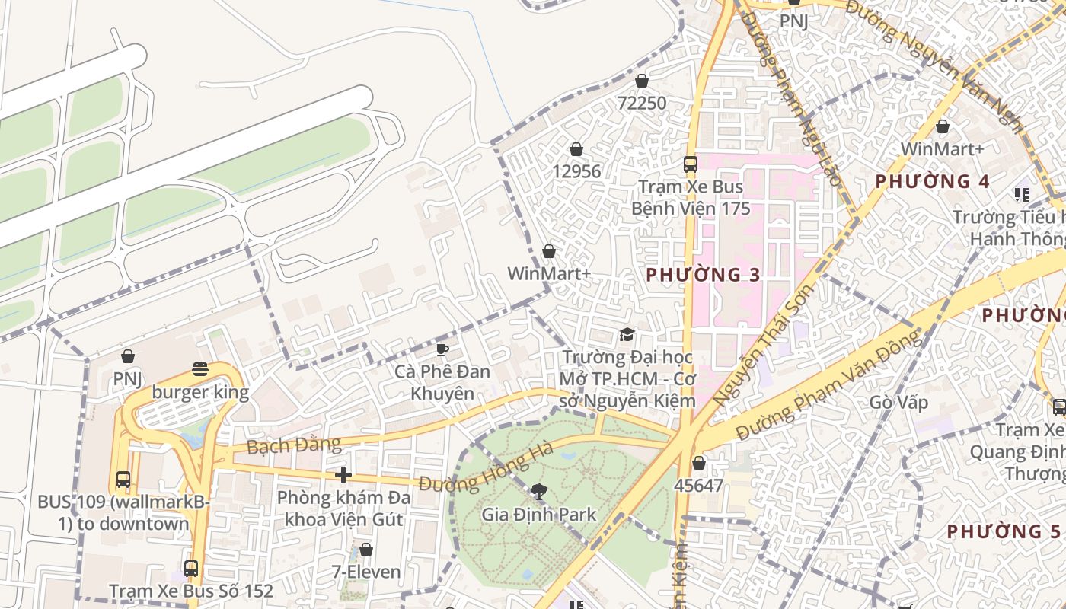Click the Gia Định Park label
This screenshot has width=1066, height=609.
click(539, 515)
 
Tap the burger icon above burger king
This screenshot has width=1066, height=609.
click(200, 370)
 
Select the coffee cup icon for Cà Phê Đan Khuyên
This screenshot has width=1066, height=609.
click(442, 349)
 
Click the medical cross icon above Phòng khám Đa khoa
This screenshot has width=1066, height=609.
click(343, 475)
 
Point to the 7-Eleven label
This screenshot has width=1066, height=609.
click(366, 571)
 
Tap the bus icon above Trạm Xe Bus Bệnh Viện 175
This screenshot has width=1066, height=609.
click(691, 164)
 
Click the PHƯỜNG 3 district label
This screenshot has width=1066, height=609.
click(703, 275)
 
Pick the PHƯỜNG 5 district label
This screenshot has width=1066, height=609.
click(993, 531)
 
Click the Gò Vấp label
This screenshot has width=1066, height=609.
click(899, 402)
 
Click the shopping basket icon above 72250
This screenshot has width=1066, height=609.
click(642, 81)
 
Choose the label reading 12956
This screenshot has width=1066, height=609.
click(576, 171)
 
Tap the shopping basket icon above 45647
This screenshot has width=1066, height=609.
click(699, 463)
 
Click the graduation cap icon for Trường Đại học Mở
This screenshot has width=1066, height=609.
click(627, 335)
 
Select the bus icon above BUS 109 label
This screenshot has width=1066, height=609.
click(123, 480)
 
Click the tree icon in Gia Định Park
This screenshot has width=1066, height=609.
click(539, 492)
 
